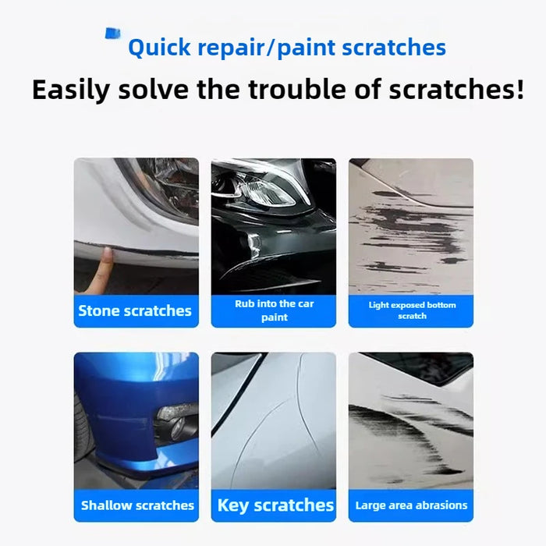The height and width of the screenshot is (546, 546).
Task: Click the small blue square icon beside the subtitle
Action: click(x=113, y=34)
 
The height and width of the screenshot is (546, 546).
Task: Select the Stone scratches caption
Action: click(x=135, y=310)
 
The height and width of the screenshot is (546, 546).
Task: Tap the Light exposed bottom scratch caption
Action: click(x=411, y=310)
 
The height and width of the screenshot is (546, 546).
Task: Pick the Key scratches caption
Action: click(x=275, y=505)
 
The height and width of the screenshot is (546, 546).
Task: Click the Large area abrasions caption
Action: click(x=411, y=505)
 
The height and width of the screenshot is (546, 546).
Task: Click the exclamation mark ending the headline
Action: click(x=519, y=89)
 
